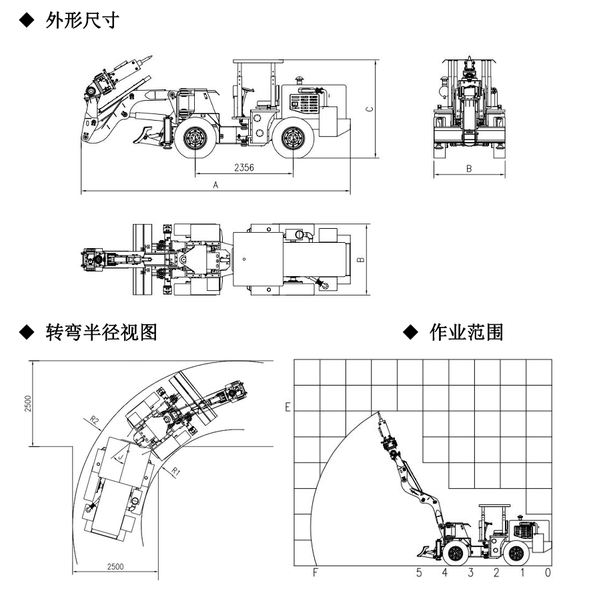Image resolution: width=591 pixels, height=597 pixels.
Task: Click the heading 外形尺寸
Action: click(82, 20)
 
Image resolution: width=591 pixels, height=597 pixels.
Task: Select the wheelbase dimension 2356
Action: click(243, 169)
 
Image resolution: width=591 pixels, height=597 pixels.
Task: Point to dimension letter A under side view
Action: click(215, 187)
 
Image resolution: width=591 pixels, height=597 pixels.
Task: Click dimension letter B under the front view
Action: click(469, 169)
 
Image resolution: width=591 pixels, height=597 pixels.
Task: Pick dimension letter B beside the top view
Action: click(360, 259)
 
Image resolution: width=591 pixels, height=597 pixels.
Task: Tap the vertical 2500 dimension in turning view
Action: click(27, 402)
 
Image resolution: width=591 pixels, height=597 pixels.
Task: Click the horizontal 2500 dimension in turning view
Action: click(116, 566)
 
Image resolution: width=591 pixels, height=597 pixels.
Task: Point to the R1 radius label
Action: click(176, 472)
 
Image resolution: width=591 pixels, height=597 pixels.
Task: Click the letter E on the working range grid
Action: click(287, 406)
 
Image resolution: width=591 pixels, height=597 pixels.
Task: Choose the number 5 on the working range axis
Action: click(419, 572)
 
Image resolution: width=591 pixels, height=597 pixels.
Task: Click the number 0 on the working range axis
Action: click(548, 572)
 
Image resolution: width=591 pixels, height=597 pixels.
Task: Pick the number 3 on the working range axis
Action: click(470, 572)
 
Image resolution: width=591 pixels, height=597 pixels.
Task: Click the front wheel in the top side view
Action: click(196, 139)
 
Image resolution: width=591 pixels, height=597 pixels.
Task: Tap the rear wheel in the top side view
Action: click(293, 139)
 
